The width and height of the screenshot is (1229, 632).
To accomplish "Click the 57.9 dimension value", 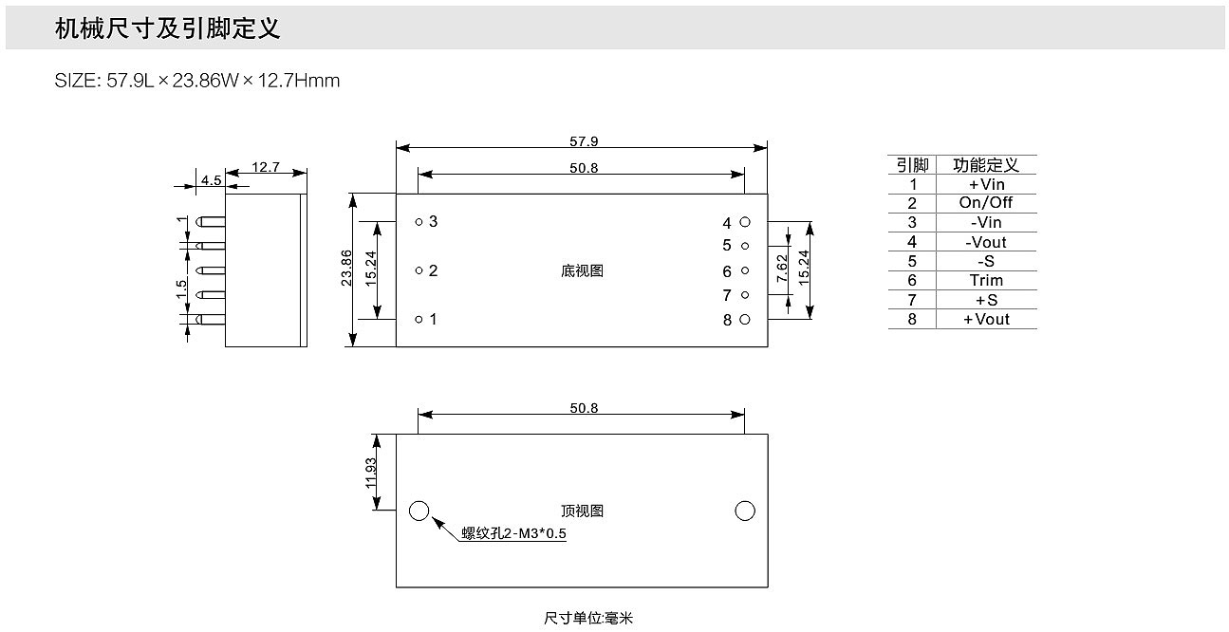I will tap(584, 141).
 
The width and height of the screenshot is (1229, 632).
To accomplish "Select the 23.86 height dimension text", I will tap(346, 269).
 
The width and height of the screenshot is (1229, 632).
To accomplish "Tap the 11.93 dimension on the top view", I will tap(370, 472).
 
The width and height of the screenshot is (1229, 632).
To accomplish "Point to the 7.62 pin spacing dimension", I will tap(782, 270).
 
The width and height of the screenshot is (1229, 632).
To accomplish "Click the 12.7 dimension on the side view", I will tap(266, 167).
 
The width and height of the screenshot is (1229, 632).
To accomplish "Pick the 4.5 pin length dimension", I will tap(210, 179).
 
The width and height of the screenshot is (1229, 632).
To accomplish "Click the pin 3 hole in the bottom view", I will tap(419, 221).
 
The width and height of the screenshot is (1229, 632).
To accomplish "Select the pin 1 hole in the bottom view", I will tap(419, 319).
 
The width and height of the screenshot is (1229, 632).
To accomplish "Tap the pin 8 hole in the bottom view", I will tap(745, 320).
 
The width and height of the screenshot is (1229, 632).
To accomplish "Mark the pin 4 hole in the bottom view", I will tap(745, 222).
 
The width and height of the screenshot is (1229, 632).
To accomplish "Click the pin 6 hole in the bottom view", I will tap(745, 271).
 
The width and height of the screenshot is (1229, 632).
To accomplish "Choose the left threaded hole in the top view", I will tap(419, 511).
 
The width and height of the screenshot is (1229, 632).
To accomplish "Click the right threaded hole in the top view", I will tap(745, 511).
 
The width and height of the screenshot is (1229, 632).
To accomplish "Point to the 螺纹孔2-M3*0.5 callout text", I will tap(513, 533).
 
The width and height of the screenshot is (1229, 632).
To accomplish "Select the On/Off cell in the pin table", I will tap(986, 203).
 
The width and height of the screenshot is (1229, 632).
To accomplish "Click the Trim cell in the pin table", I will tap(986, 280).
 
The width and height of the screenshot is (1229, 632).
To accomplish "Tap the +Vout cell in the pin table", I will tap(986, 319).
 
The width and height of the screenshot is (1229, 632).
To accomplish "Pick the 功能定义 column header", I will tap(986, 165).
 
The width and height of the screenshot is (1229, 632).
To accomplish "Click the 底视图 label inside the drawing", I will tap(582, 271).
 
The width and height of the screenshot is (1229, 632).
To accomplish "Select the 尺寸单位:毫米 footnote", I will tap(587, 619).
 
